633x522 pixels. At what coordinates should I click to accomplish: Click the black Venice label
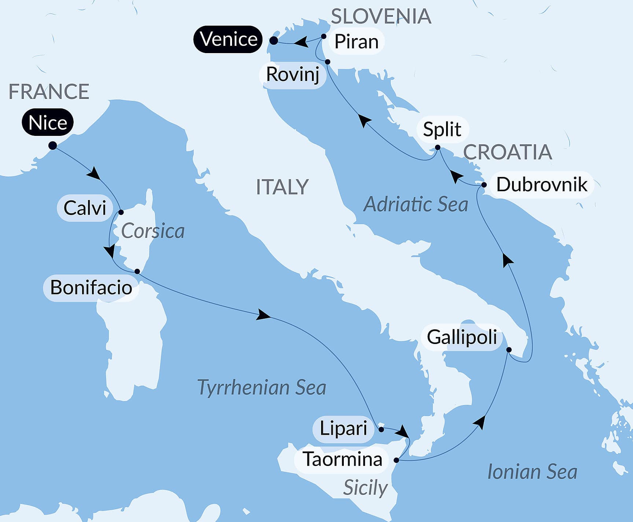coord(228,39)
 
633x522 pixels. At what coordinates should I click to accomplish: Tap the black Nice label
coord(48,122)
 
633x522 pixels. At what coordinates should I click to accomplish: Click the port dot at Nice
coord(53,145)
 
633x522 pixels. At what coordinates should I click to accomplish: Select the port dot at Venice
coord(274,41)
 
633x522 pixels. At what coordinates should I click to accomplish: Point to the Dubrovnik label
coord(541,185)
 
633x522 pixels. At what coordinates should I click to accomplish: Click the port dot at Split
coord(438,148)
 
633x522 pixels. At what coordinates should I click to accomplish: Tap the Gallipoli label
coord(462,337)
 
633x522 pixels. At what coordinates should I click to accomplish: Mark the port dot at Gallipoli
coord(509,350)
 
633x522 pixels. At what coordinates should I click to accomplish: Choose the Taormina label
coord(342,459)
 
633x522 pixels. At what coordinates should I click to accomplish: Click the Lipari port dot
coord(381,429)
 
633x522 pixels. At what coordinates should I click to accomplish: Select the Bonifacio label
coord(91,288)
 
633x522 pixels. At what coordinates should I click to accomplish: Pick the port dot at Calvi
coord(121,212)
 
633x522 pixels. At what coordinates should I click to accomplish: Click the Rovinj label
coord(292,75)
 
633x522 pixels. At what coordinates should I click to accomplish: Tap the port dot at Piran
coord(324,36)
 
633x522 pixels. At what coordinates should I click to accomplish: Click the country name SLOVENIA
coord(381,16)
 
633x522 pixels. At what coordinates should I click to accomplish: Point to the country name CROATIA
coord(508,152)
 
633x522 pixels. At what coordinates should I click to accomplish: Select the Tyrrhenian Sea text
coord(261,388)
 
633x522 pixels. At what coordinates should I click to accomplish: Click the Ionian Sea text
coord(532,472)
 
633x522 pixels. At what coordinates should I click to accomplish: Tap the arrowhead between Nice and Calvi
coord(94,173)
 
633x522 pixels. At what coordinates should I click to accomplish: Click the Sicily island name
coord(365,488)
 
